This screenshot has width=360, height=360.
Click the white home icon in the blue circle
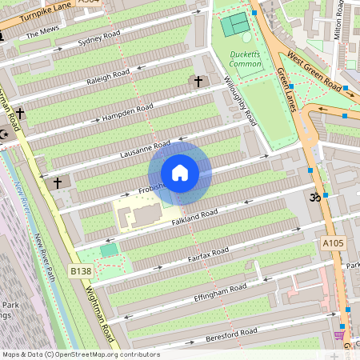point(180,173)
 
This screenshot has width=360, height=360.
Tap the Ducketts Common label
point(245,58)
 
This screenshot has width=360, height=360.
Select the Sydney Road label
point(99,40)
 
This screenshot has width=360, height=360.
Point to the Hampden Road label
point(128,113)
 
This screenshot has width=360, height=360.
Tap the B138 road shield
point(79,271)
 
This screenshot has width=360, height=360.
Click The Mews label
point(42,34)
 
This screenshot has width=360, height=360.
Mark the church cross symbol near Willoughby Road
point(198,82)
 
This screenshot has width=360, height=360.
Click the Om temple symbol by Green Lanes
point(314,197)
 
